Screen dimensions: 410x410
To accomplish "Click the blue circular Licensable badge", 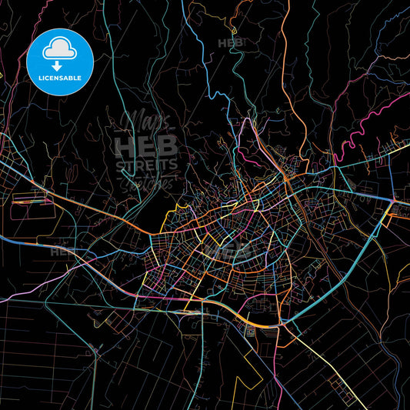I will coord(60,62).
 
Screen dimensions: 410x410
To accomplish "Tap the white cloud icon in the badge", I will coord(60,51).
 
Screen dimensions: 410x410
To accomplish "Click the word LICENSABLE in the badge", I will coord(60,78).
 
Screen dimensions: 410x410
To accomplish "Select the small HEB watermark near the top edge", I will coord(230,43).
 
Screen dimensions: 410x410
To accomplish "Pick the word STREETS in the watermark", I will coord(145,165).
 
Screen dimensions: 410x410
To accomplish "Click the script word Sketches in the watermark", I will coord(150,182).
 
